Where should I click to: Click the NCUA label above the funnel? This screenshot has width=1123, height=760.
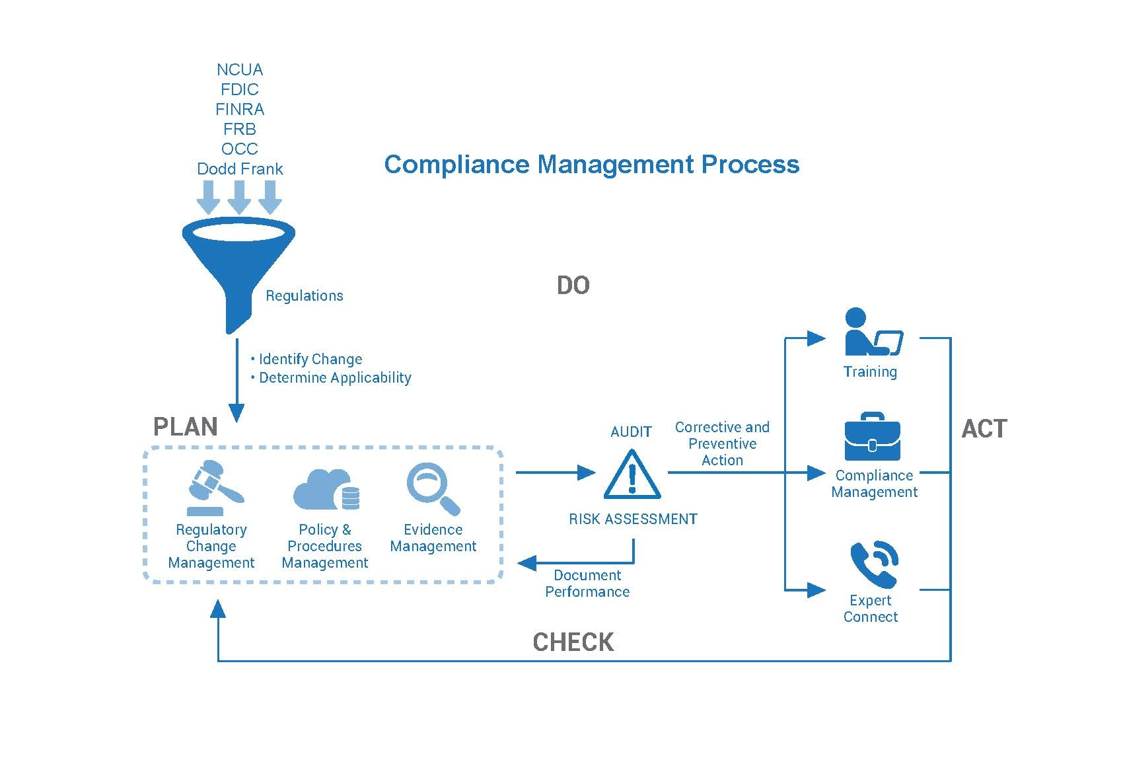click(x=240, y=70)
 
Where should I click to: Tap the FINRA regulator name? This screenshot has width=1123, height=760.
click(x=240, y=109)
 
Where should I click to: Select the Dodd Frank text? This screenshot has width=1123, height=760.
click(x=240, y=169)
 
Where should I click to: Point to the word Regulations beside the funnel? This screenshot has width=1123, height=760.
click(x=305, y=296)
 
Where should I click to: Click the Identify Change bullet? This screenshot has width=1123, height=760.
click(x=307, y=359)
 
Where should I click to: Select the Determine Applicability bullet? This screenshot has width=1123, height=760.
click(x=331, y=378)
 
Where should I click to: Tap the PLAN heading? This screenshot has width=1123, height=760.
click(x=186, y=427)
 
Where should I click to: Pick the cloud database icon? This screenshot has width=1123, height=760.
click(x=326, y=490)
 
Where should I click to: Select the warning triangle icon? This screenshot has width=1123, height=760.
click(x=632, y=475)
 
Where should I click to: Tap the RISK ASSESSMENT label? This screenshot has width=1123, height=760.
click(x=634, y=519)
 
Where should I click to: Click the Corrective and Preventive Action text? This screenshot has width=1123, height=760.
click(x=722, y=444)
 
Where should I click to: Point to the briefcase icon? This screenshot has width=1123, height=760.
click(x=873, y=436)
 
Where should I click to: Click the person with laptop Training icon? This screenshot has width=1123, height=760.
click(x=873, y=332)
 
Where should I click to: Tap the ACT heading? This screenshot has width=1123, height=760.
click(x=984, y=429)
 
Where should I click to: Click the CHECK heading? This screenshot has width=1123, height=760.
click(x=573, y=642)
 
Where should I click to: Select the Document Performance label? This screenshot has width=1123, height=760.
click(x=587, y=584)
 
